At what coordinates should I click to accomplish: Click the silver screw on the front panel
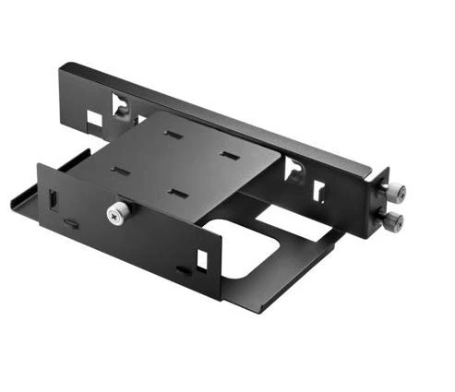pyautogui.click(x=116, y=214)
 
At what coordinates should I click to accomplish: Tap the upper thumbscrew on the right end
pyautogui.click(x=394, y=192)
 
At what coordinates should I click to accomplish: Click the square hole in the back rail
pyautogui.click(x=94, y=119)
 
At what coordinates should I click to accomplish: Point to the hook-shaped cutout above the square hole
pyautogui.click(x=121, y=104)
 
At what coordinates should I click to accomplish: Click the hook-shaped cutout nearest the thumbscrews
pyautogui.click(x=294, y=168)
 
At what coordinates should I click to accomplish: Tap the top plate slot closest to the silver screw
pyautogui.click(x=120, y=171)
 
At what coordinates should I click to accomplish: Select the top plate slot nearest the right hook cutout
pyautogui.click(x=227, y=154)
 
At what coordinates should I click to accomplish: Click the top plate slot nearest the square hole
pyautogui.click(x=173, y=134)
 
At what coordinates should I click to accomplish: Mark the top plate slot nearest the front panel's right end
pyautogui.click(x=177, y=193)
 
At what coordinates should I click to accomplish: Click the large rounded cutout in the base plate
pyautogui.click(x=249, y=249)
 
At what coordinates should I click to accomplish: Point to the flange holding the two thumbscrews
pyautogui.click(x=379, y=205)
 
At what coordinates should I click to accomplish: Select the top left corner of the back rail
pyautogui.click(x=63, y=66)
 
